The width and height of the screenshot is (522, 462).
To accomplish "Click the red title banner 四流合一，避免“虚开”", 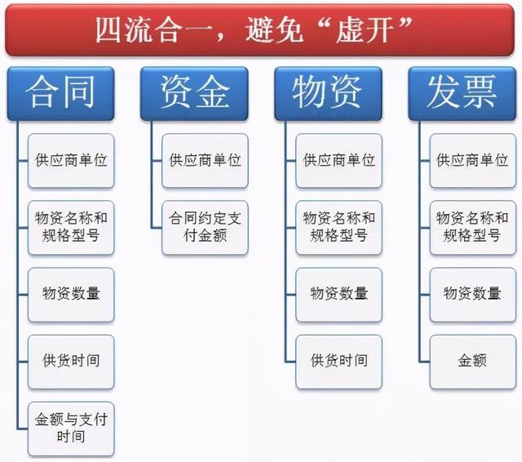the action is [259, 30].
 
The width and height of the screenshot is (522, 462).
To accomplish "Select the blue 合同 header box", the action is [61, 94].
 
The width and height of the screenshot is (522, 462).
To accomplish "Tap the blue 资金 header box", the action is [194, 94].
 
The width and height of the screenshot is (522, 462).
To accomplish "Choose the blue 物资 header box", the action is [328, 94].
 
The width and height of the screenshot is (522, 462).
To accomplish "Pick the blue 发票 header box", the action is [462, 94].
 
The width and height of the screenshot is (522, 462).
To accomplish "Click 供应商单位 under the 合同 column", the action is [71, 161].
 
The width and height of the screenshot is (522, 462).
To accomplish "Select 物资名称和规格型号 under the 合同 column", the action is [71, 228].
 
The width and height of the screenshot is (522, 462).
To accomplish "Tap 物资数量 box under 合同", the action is [71, 295].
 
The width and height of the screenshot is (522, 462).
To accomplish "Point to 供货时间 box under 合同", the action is [71, 362].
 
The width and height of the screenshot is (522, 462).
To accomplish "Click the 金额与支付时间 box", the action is [71, 429].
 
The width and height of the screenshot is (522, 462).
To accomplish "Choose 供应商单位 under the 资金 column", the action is [205, 161].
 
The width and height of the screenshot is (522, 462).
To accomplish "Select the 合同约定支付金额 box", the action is [205, 228].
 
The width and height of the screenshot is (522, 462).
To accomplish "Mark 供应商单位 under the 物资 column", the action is [339, 161].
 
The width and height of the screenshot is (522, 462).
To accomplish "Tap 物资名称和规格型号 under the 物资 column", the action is [339, 228].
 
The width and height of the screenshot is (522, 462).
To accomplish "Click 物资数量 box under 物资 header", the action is [339, 295].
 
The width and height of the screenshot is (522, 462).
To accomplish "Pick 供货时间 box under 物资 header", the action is [339, 362].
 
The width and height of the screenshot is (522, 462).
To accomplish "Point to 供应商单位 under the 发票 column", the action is [473, 161].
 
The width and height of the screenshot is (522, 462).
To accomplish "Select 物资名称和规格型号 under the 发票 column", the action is [473, 228].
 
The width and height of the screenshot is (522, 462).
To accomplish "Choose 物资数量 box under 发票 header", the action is [473, 295].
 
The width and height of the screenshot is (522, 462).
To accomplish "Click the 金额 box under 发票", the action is [473, 362].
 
